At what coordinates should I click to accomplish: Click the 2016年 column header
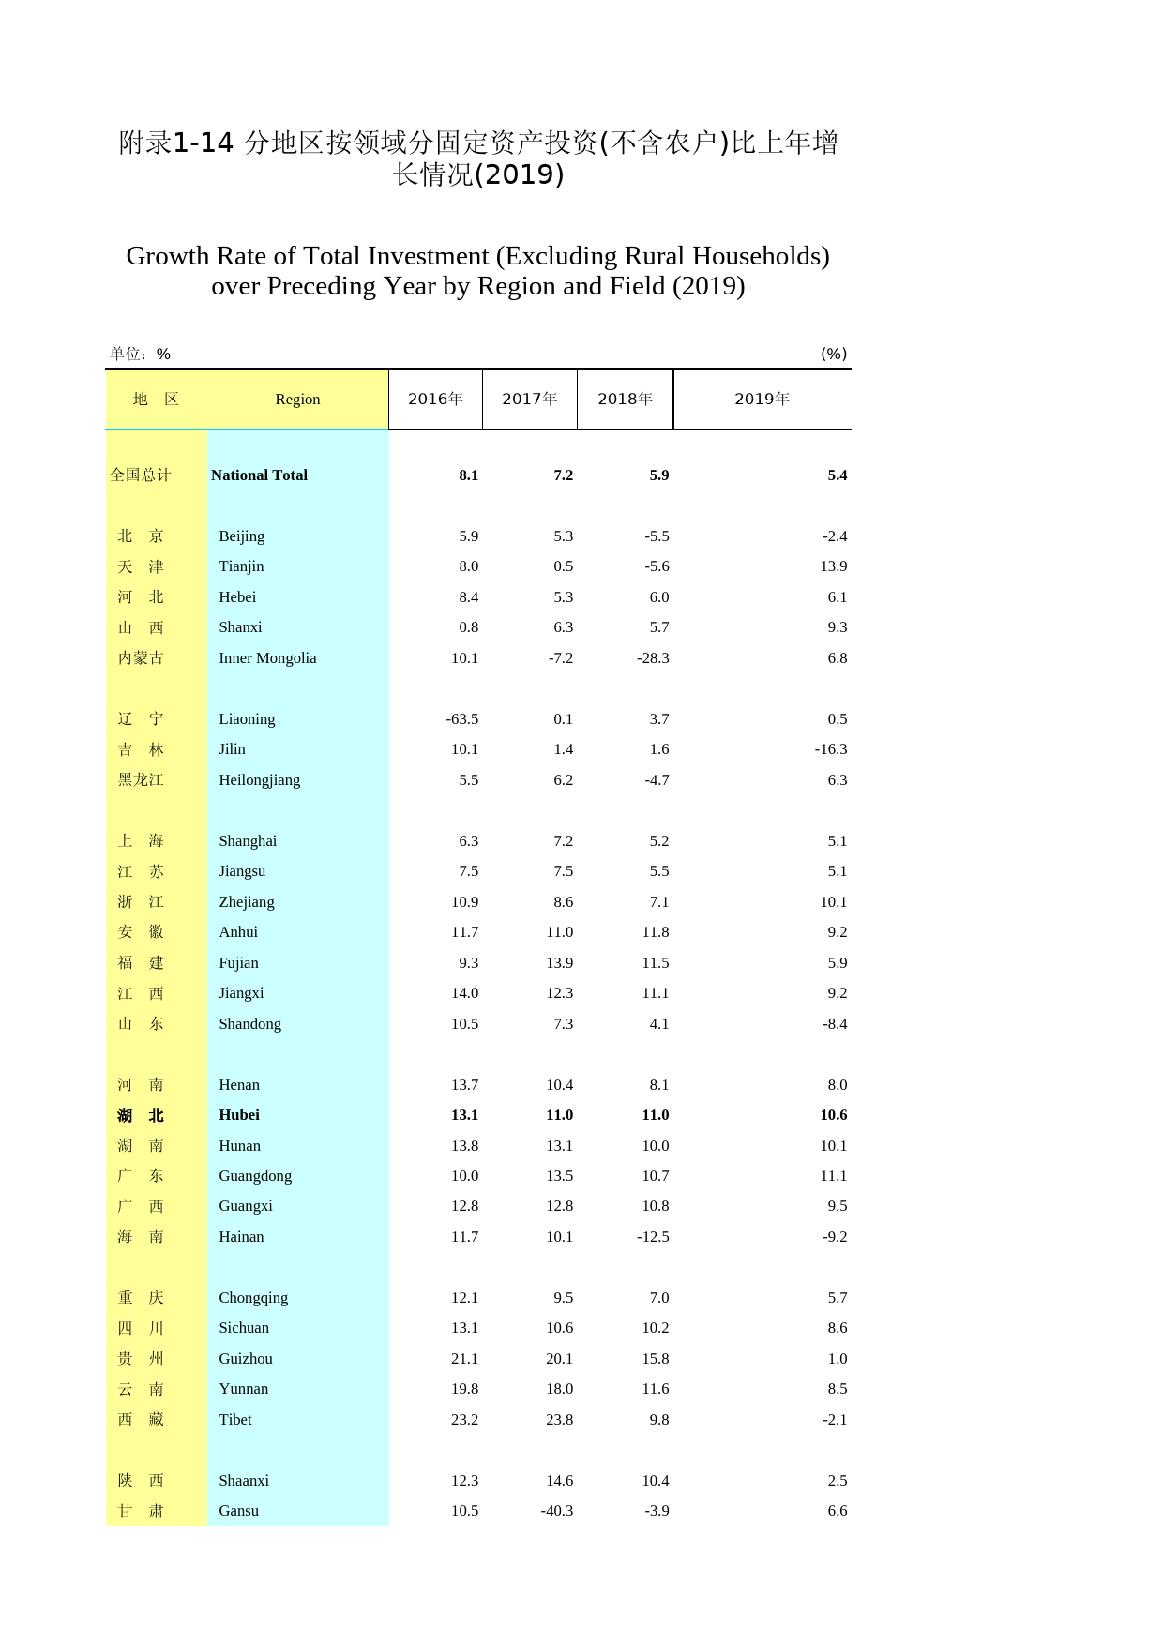[435, 400]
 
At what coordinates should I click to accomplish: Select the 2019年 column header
[762, 400]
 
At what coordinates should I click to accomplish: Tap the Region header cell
[297, 400]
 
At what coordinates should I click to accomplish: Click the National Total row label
[259, 475]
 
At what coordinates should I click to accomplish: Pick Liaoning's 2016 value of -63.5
[461, 719]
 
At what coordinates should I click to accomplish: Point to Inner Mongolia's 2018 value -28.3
[653, 658]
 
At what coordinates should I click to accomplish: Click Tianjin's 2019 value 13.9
[833, 566]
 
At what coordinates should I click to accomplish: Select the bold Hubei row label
[239, 1115]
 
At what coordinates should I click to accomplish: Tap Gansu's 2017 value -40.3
[557, 1511]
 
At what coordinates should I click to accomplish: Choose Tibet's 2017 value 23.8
[559, 1420]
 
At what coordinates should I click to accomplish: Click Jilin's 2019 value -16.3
[831, 749]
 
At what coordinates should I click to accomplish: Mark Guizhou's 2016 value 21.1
[464, 1359]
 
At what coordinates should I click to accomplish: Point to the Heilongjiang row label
[259, 780]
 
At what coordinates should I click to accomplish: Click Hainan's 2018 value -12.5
[653, 1237]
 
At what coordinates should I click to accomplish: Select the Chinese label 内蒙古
[141, 658]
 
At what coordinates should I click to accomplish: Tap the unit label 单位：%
[140, 354]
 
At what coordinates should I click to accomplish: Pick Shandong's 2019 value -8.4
[835, 1024]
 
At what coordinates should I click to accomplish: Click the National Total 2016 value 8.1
[468, 475]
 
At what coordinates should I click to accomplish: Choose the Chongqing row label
[253, 1298]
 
